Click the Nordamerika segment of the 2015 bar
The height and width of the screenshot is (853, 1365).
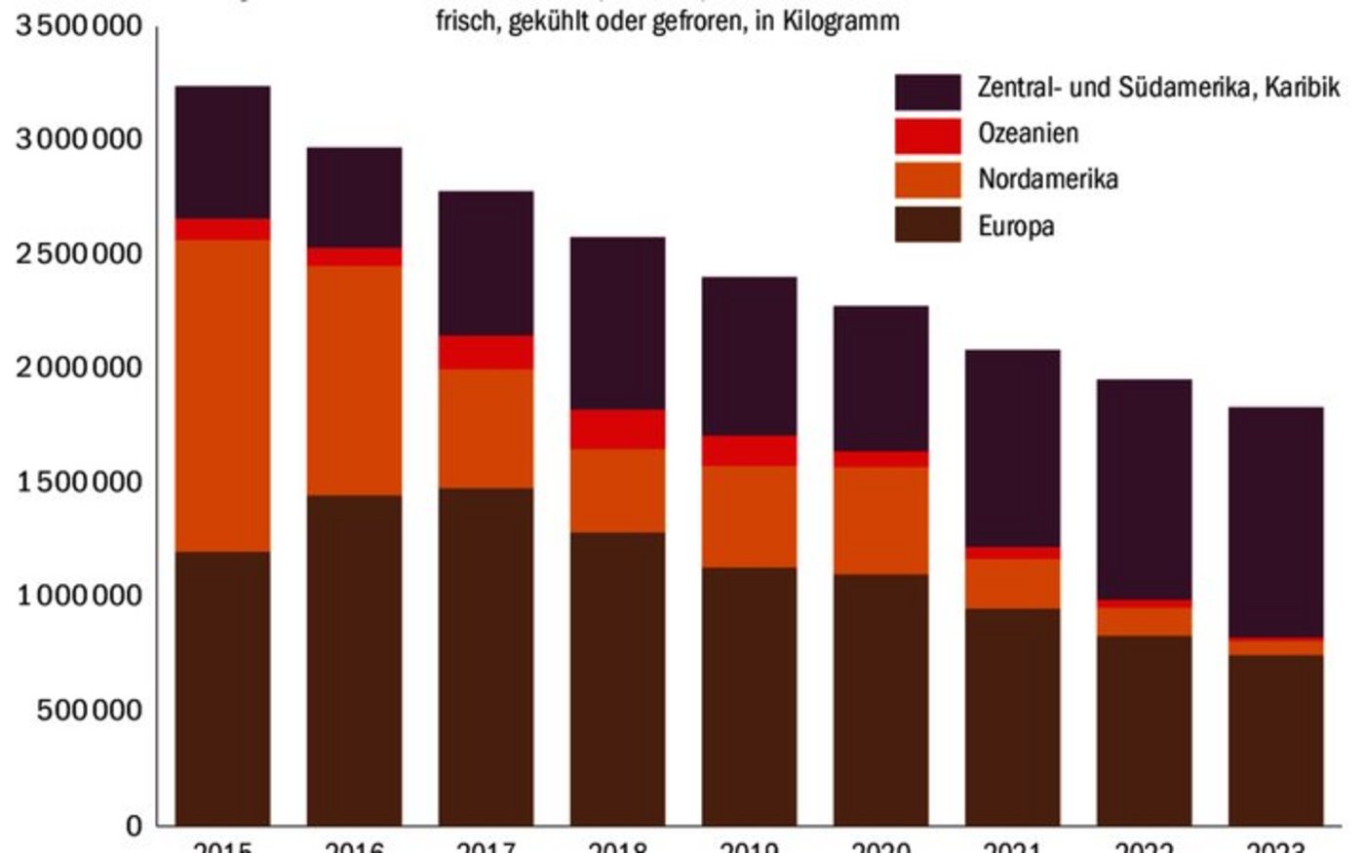coord(222,395)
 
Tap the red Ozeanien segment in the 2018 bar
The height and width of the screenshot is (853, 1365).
coord(617,429)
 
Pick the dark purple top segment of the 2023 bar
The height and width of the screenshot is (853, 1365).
coord(1275,522)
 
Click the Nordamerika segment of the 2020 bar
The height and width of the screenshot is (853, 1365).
coord(880,521)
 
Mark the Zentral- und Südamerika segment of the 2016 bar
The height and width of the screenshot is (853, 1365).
coord(354,197)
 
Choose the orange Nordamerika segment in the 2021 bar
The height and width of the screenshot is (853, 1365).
coord(1012,583)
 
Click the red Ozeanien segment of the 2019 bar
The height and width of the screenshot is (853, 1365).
coord(749,450)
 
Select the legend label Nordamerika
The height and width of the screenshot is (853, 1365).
coord(1047,179)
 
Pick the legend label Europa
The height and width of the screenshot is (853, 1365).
coord(1016,226)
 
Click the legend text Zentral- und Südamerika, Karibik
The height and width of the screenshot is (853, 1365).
coord(1158,88)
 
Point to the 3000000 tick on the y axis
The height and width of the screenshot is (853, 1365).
coord(78,138)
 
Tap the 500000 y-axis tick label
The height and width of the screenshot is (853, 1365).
coord(90,711)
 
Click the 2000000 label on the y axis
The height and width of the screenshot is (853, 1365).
coord(78,368)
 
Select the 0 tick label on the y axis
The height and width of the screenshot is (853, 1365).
coord(134,826)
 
